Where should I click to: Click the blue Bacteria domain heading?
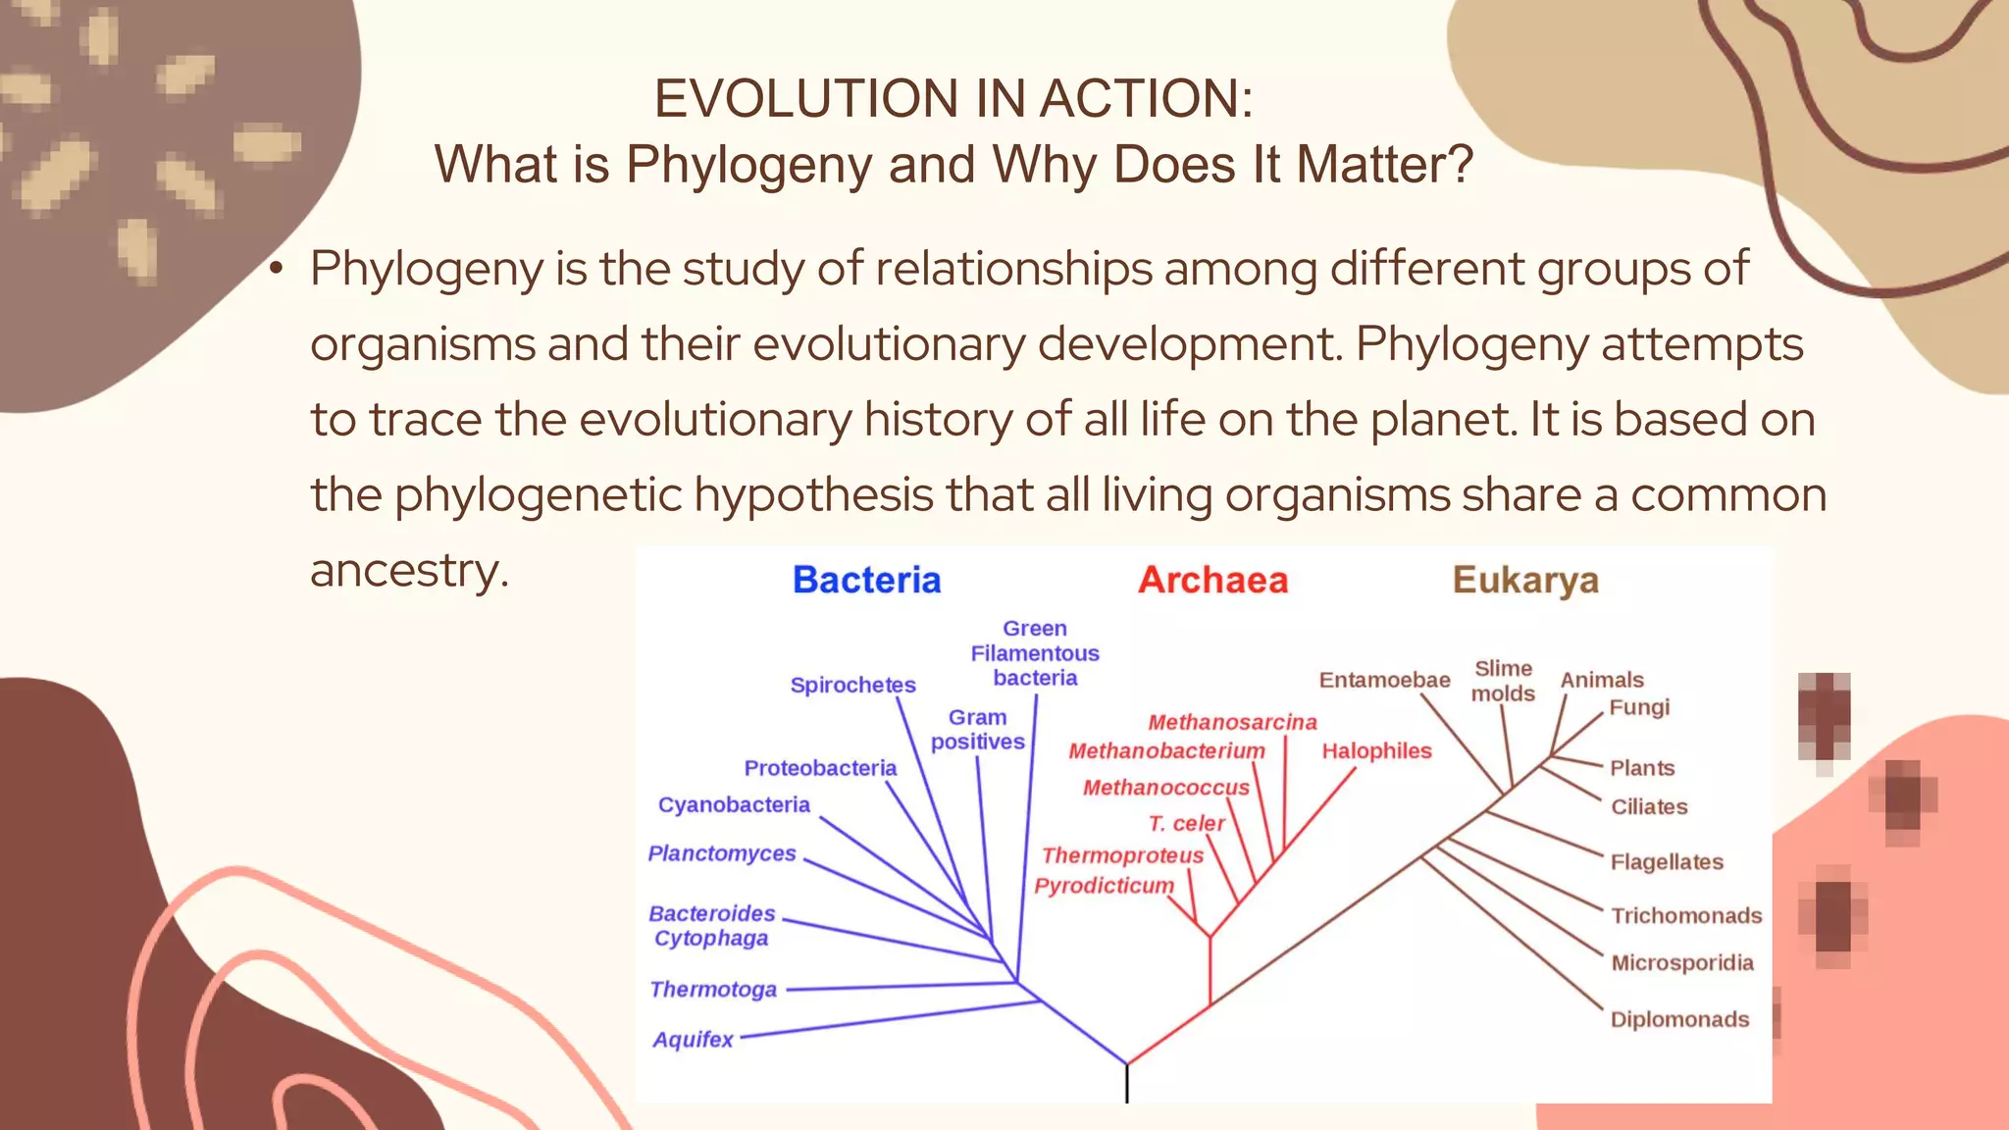tap(866, 580)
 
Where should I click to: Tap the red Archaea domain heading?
tap(1212, 580)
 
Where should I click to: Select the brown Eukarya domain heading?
tap(1525, 580)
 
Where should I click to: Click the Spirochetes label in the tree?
tap(852, 685)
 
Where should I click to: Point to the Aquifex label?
tap(693, 1040)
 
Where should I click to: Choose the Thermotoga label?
tap(713, 990)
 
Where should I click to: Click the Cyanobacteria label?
tap(734, 805)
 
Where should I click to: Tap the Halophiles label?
tap(1376, 751)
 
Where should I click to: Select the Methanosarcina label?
tap(1232, 723)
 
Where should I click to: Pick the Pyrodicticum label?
tap(1104, 886)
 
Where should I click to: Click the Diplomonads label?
tap(1679, 1019)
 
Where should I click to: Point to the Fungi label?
tap(1639, 707)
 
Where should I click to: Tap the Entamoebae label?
tap(1384, 680)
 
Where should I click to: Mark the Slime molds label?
tap(1503, 681)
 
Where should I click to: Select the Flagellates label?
tap(1667, 862)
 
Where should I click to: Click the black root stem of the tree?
tap(1127, 1084)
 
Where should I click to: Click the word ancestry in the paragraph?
tap(409, 571)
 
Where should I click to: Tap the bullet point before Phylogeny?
tap(278, 269)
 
